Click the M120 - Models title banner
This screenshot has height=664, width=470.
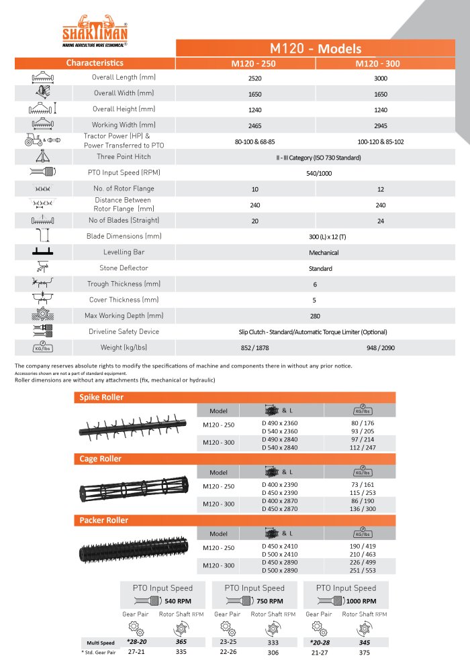click(316, 48)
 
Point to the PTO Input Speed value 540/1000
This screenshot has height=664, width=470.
click(320, 173)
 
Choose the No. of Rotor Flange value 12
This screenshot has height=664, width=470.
click(381, 190)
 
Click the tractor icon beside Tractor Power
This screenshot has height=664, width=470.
click(32, 140)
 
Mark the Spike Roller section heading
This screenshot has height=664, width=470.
click(102, 397)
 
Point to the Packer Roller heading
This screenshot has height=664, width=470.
click(104, 520)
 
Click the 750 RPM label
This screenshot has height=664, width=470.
click(270, 601)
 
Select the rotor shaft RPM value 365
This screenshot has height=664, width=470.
click(181, 642)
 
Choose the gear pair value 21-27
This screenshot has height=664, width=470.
click(319, 651)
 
